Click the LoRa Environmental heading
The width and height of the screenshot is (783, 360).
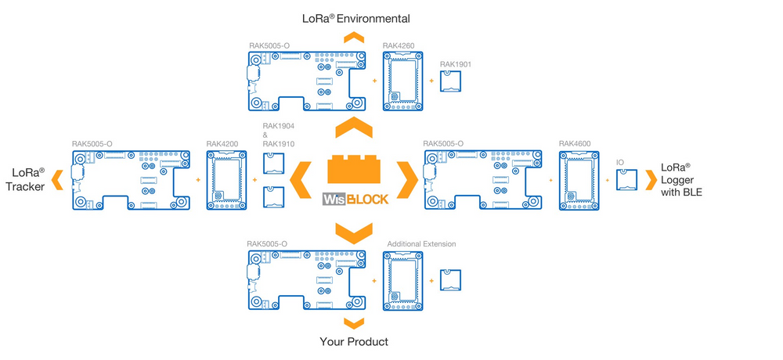point(356,17)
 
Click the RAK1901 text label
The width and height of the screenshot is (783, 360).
point(456,64)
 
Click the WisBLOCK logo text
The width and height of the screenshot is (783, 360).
point(355,199)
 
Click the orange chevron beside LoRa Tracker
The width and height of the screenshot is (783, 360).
point(56,181)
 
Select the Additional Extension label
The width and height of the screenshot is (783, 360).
point(421,244)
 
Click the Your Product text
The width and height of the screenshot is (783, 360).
point(354,342)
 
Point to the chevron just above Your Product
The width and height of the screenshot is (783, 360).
point(354,322)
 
